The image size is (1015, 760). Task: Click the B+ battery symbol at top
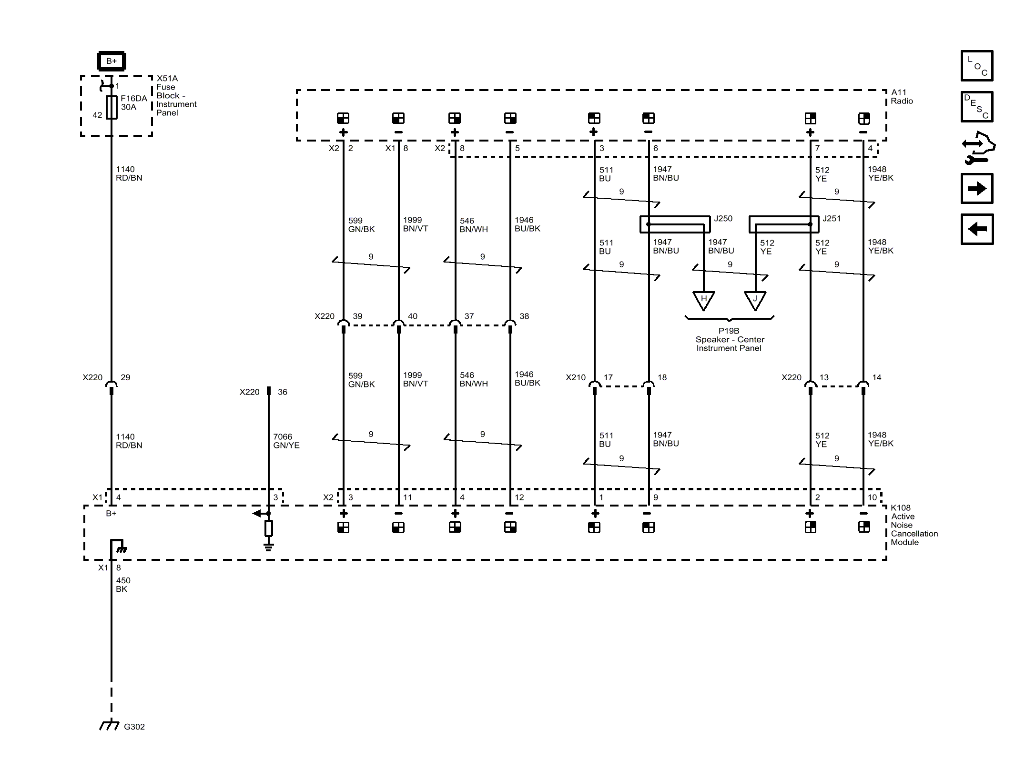pyautogui.click(x=111, y=61)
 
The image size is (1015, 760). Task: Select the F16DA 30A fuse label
pyautogui.click(x=133, y=102)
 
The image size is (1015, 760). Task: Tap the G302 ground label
pyautogui.click(x=134, y=727)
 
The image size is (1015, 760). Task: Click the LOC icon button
pyautogui.click(x=976, y=66)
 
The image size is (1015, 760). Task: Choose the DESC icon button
pyautogui.click(x=976, y=107)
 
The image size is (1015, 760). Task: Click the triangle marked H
pyautogui.click(x=703, y=300)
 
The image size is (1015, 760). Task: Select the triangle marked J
pyautogui.click(x=755, y=300)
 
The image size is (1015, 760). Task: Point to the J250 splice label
pyautogui.click(x=723, y=218)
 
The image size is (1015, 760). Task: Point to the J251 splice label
pyautogui.click(x=832, y=218)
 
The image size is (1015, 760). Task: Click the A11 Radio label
pyautogui.click(x=902, y=96)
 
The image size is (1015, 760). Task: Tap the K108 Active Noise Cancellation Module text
pyautogui.click(x=913, y=525)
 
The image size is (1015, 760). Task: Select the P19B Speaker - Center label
pyautogui.click(x=729, y=339)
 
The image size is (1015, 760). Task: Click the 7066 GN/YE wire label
pyautogui.click(x=286, y=441)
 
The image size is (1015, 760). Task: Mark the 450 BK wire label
pyautogui.click(x=123, y=585)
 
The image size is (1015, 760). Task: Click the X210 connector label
pyautogui.click(x=575, y=377)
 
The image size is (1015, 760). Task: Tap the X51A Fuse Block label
pyautogui.click(x=176, y=95)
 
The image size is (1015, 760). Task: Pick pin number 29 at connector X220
pyautogui.click(x=125, y=377)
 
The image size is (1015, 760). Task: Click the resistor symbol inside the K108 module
pyautogui.click(x=269, y=528)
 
